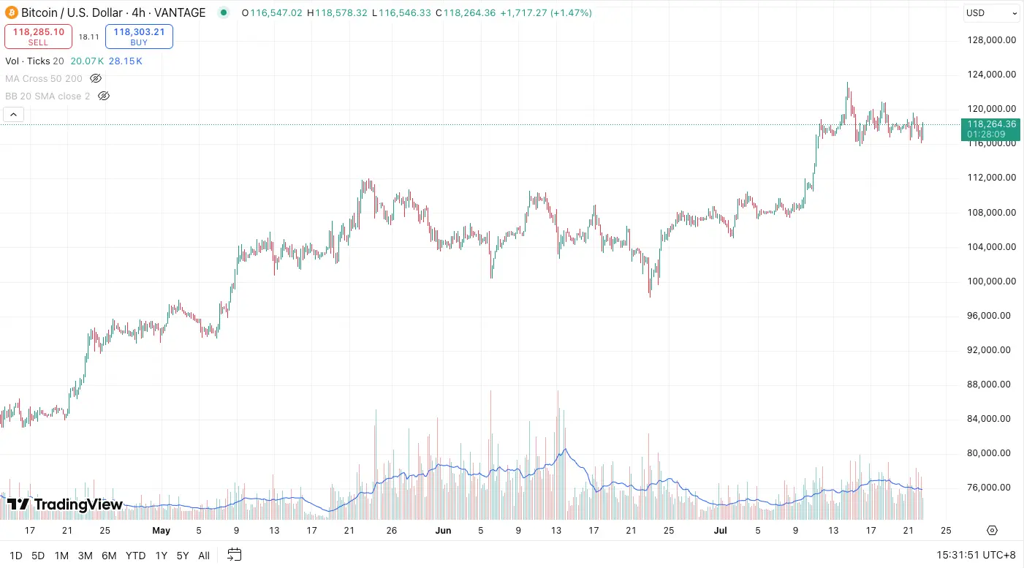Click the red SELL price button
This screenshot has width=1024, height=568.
[x=38, y=37]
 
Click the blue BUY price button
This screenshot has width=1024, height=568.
[x=139, y=37]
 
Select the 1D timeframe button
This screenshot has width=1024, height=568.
[x=15, y=556]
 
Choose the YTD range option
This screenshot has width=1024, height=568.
[x=135, y=556]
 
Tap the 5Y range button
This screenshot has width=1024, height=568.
[x=183, y=556]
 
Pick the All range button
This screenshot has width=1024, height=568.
[x=204, y=556]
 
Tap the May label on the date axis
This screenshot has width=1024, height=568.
[x=162, y=531]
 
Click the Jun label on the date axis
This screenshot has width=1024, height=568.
[x=444, y=531]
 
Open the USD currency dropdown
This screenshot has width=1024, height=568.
[x=991, y=13]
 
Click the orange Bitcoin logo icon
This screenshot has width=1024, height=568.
[x=12, y=12]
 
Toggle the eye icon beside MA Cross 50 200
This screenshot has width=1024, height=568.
[x=96, y=78]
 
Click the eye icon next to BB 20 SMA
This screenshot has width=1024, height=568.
[x=104, y=96]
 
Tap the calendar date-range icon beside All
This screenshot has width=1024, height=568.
[x=234, y=555]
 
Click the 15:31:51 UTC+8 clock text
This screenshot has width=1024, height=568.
[x=976, y=556]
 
